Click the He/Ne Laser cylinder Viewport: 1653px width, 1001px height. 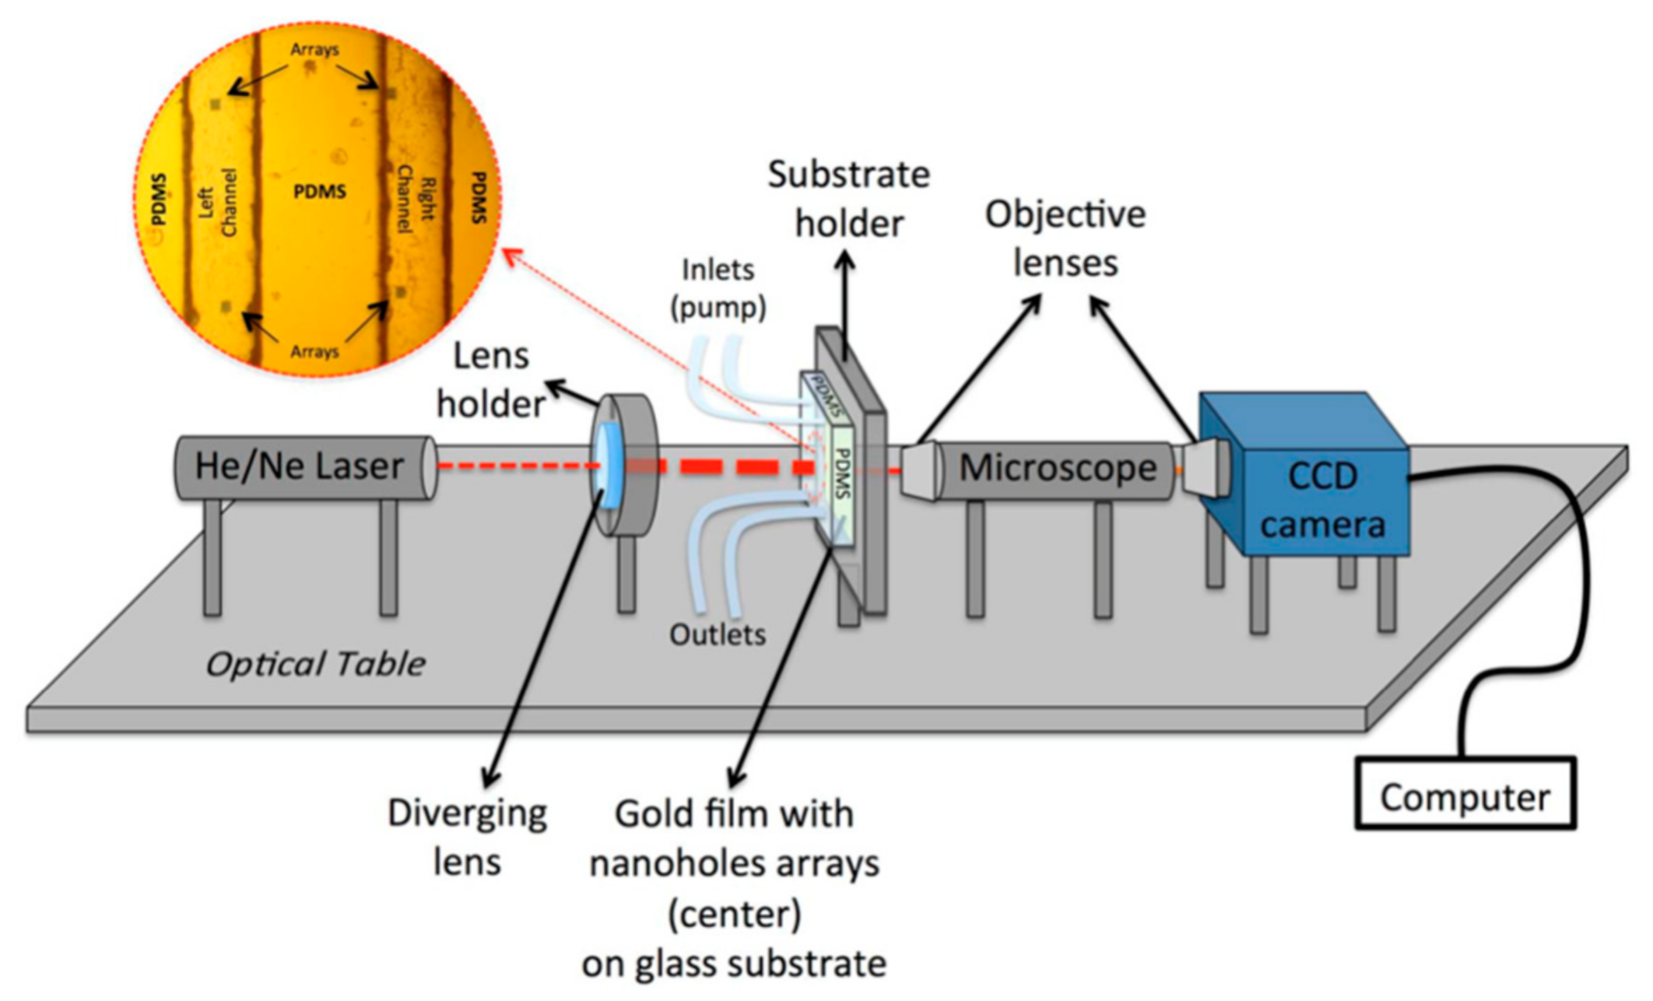tap(301, 467)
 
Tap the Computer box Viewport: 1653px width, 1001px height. tap(1464, 797)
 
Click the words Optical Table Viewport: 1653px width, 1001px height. tap(315, 664)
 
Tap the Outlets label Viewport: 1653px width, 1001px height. tap(717, 634)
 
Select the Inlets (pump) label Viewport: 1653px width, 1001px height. tap(718, 288)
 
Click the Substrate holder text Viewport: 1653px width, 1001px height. tap(849, 199)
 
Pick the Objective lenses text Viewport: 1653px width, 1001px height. tap(1065, 239)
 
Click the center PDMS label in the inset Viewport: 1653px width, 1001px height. tap(320, 192)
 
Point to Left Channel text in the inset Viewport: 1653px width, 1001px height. tap(217, 202)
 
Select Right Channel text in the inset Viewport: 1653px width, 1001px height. tap(415, 199)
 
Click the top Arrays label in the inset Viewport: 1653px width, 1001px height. tap(315, 50)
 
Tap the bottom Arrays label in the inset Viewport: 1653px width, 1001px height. tap(315, 351)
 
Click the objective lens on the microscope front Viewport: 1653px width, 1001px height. tap(919, 470)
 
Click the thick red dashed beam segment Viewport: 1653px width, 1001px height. tap(727, 467)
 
